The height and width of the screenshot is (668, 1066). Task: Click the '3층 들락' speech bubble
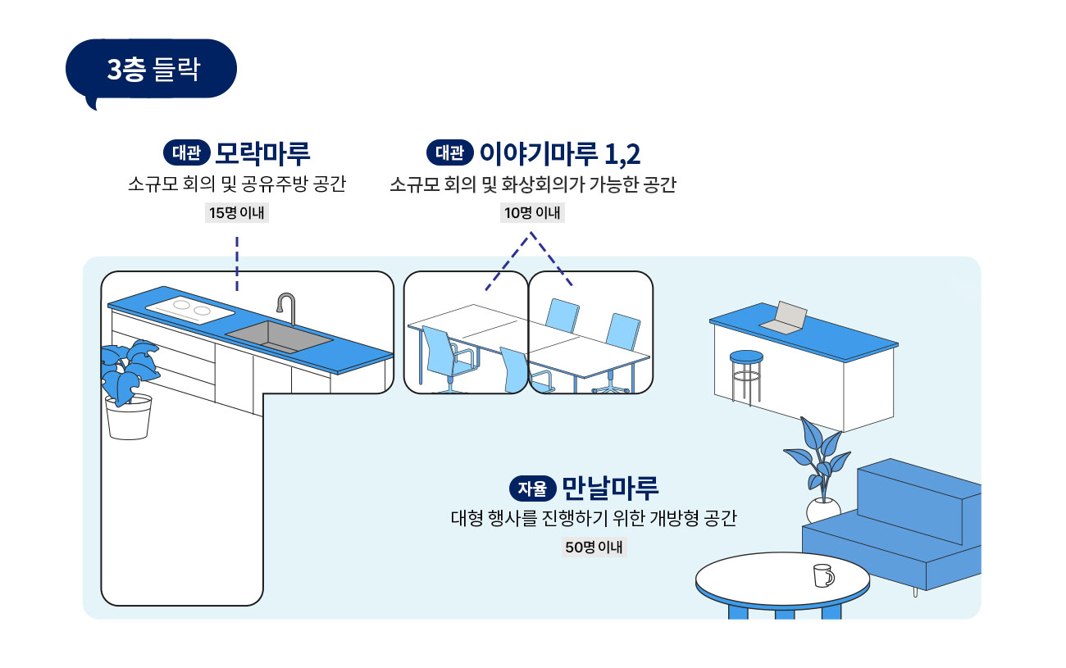[151, 70]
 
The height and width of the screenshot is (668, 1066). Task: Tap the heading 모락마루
[262, 153]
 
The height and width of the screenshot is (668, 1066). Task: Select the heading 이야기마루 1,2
[559, 153]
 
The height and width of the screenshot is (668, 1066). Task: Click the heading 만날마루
[610, 488]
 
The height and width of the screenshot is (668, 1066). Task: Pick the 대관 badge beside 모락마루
[187, 152]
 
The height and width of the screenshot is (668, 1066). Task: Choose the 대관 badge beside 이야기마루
[449, 152]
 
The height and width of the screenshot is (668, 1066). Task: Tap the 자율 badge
[532, 489]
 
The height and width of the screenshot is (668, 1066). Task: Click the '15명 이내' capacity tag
[236, 212]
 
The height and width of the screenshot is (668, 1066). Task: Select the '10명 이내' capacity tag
[532, 212]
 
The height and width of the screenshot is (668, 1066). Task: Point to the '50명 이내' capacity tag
[594, 548]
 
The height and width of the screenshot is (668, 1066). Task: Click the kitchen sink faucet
[288, 307]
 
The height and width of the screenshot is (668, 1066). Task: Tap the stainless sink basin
[279, 336]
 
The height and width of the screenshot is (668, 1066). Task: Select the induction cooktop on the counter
[190, 309]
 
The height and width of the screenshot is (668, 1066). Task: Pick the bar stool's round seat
[746, 357]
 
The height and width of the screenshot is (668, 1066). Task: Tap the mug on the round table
[823, 575]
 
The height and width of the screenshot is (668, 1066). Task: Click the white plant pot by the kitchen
[129, 418]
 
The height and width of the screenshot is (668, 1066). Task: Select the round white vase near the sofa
[822, 510]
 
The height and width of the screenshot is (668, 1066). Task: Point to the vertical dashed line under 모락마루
[237, 264]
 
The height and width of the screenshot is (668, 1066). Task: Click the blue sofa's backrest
[918, 500]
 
